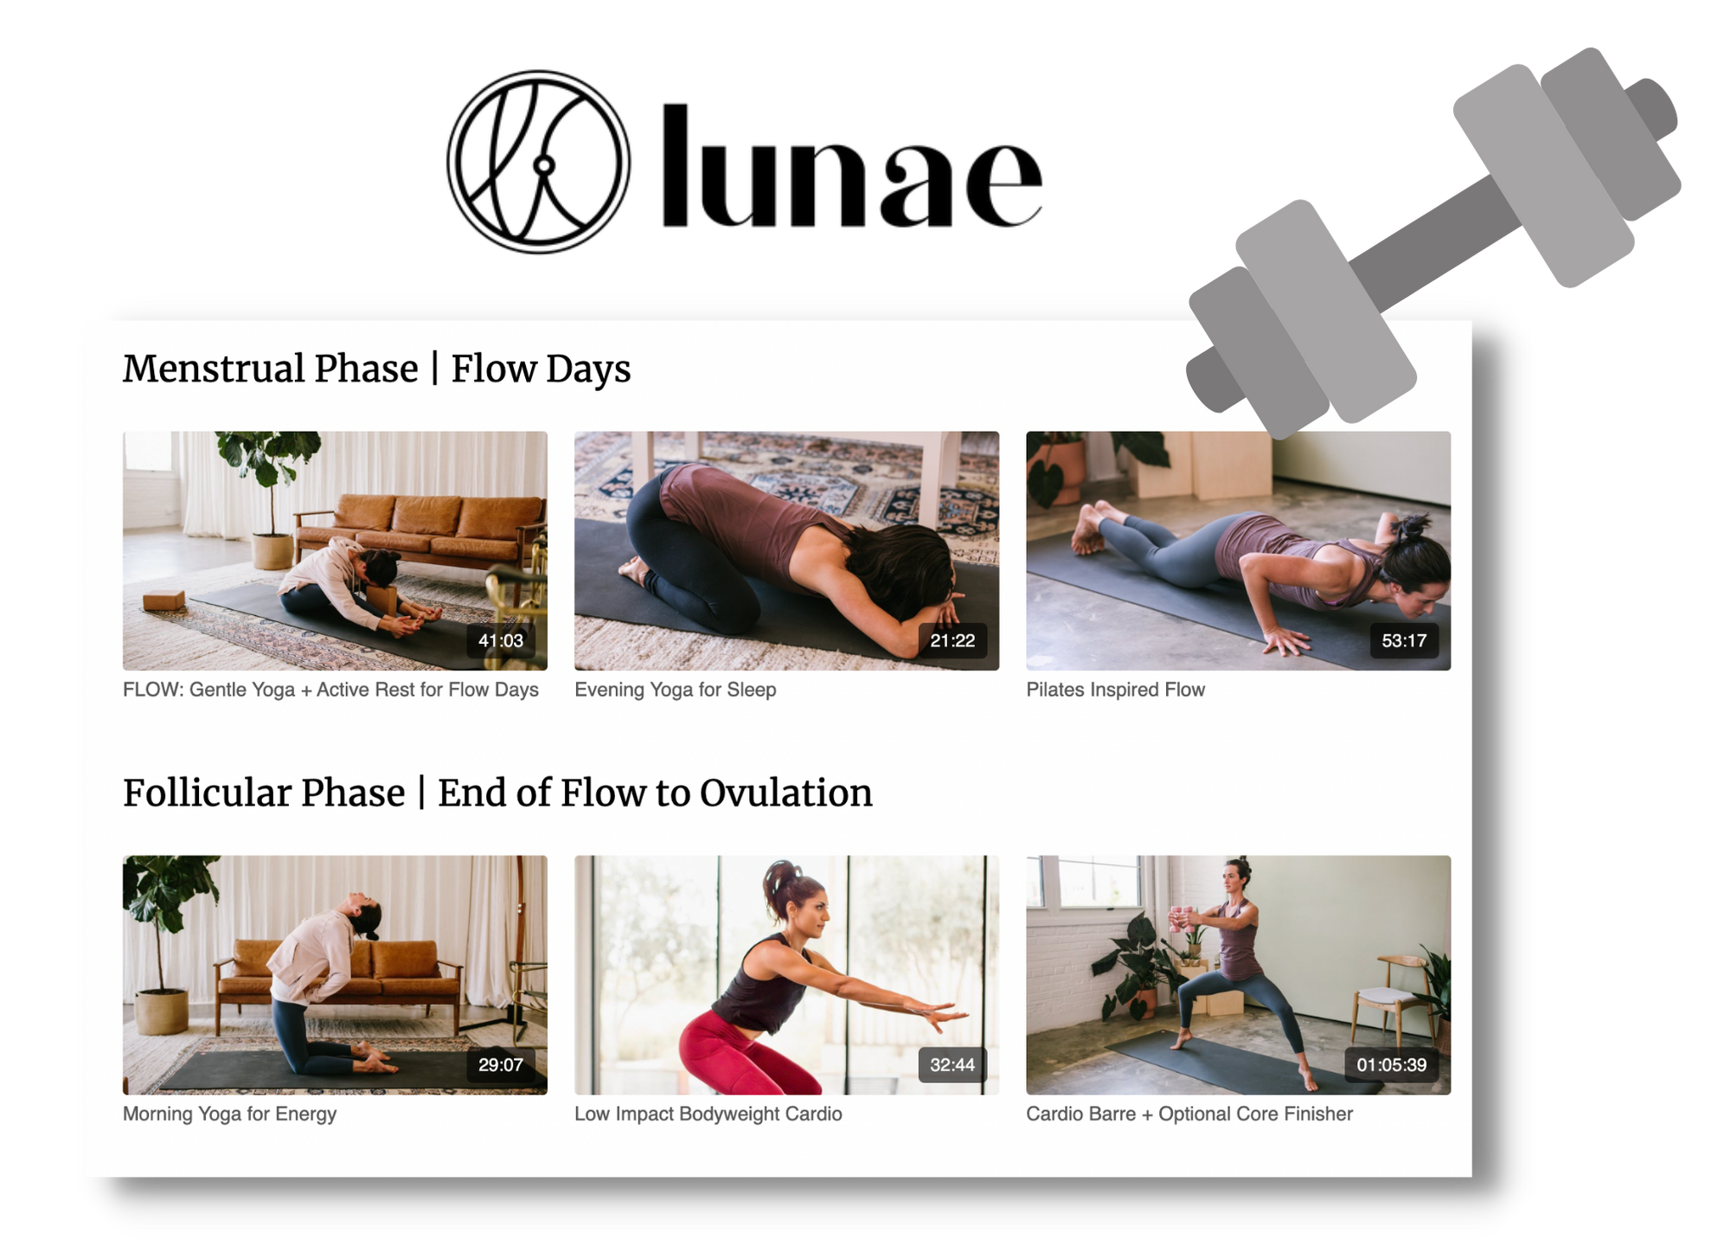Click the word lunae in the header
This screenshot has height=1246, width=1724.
(851, 165)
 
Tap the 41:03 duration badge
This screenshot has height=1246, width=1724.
(501, 640)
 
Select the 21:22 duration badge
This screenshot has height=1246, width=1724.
(952, 640)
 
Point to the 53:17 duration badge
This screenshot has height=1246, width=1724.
(1404, 640)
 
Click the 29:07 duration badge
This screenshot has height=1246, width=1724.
(501, 1064)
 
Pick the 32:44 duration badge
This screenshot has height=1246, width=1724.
(952, 1064)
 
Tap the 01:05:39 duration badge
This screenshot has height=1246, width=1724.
(1392, 1064)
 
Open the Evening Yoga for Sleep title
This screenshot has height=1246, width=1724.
(676, 690)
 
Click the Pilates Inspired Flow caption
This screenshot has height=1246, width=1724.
(1115, 690)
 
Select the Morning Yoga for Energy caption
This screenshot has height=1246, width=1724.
(229, 1114)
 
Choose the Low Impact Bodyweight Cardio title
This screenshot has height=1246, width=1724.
(708, 1114)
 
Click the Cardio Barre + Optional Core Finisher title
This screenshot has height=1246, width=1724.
(1189, 1114)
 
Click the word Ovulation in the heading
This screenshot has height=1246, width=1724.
(785, 793)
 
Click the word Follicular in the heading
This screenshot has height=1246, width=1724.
(264, 793)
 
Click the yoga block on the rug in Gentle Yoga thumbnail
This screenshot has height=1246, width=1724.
(163, 600)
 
